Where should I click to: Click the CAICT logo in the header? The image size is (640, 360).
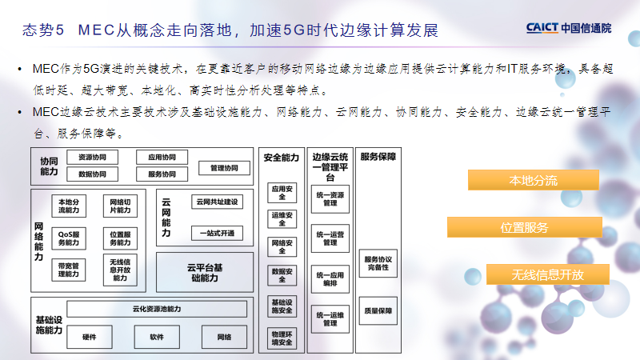point(569,28)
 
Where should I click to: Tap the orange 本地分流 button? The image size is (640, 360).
point(533,180)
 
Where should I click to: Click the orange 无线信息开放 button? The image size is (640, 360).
point(548,274)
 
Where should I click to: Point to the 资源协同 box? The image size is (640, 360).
point(92,157)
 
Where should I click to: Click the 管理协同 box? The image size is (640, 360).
point(224,169)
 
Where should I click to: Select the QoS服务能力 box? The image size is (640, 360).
point(69,237)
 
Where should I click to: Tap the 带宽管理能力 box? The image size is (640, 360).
point(69,270)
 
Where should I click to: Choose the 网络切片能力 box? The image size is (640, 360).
point(120,206)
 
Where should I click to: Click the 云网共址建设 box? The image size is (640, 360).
point(217,202)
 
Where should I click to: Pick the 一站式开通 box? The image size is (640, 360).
point(217,233)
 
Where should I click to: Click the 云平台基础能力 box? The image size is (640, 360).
point(204,272)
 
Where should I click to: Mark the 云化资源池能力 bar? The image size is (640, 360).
point(157,309)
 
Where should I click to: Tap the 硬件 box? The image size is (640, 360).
point(90,337)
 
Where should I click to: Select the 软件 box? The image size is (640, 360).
point(157,337)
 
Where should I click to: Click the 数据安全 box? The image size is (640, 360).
point(282,275)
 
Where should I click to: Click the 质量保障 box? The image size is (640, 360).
point(378,310)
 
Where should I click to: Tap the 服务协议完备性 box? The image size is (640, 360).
point(378,262)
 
